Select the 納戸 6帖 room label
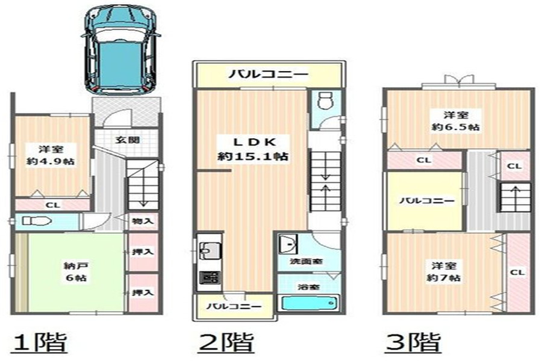(76, 271)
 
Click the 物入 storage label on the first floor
(142, 221)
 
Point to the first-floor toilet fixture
(36, 221)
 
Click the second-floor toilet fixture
(326, 100)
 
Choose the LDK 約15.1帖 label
(253, 149)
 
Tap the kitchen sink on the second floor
(208, 250)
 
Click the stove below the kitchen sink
(210, 277)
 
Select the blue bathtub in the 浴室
(310, 303)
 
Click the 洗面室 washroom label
(307, 261)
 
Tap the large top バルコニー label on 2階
(268, 74)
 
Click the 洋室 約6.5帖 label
(456, 121)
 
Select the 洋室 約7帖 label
(443, 271)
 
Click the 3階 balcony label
(427, 201)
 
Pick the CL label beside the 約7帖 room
(517, 272)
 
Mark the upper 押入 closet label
(142, 252)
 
